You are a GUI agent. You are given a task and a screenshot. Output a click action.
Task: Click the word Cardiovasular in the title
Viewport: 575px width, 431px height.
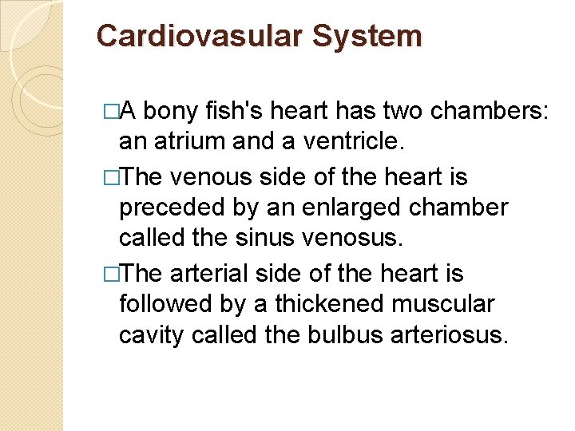[200, 37]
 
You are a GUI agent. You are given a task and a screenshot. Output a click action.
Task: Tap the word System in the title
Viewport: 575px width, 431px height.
[367, 37]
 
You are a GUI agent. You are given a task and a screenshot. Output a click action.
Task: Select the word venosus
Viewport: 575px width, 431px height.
[363, 239]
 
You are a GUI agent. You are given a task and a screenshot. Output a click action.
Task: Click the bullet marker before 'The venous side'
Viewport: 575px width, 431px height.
[111, 176]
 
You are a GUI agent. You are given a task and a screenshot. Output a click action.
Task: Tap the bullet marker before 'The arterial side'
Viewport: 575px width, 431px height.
[111, 274]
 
